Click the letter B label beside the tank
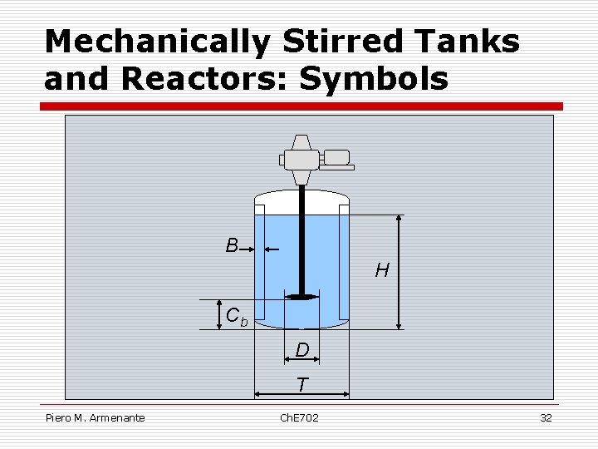(x=232, y=245)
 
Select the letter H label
(x=382, y=270)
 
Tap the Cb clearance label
(x=237, y=317)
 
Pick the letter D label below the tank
(x=302, y=351)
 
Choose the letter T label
(x=302, y=385)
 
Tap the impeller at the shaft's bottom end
(x=301, y=295)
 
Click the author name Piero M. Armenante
(x=96, y=417)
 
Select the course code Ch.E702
(x=299, y=417)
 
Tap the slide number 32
(x=546, y=417)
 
